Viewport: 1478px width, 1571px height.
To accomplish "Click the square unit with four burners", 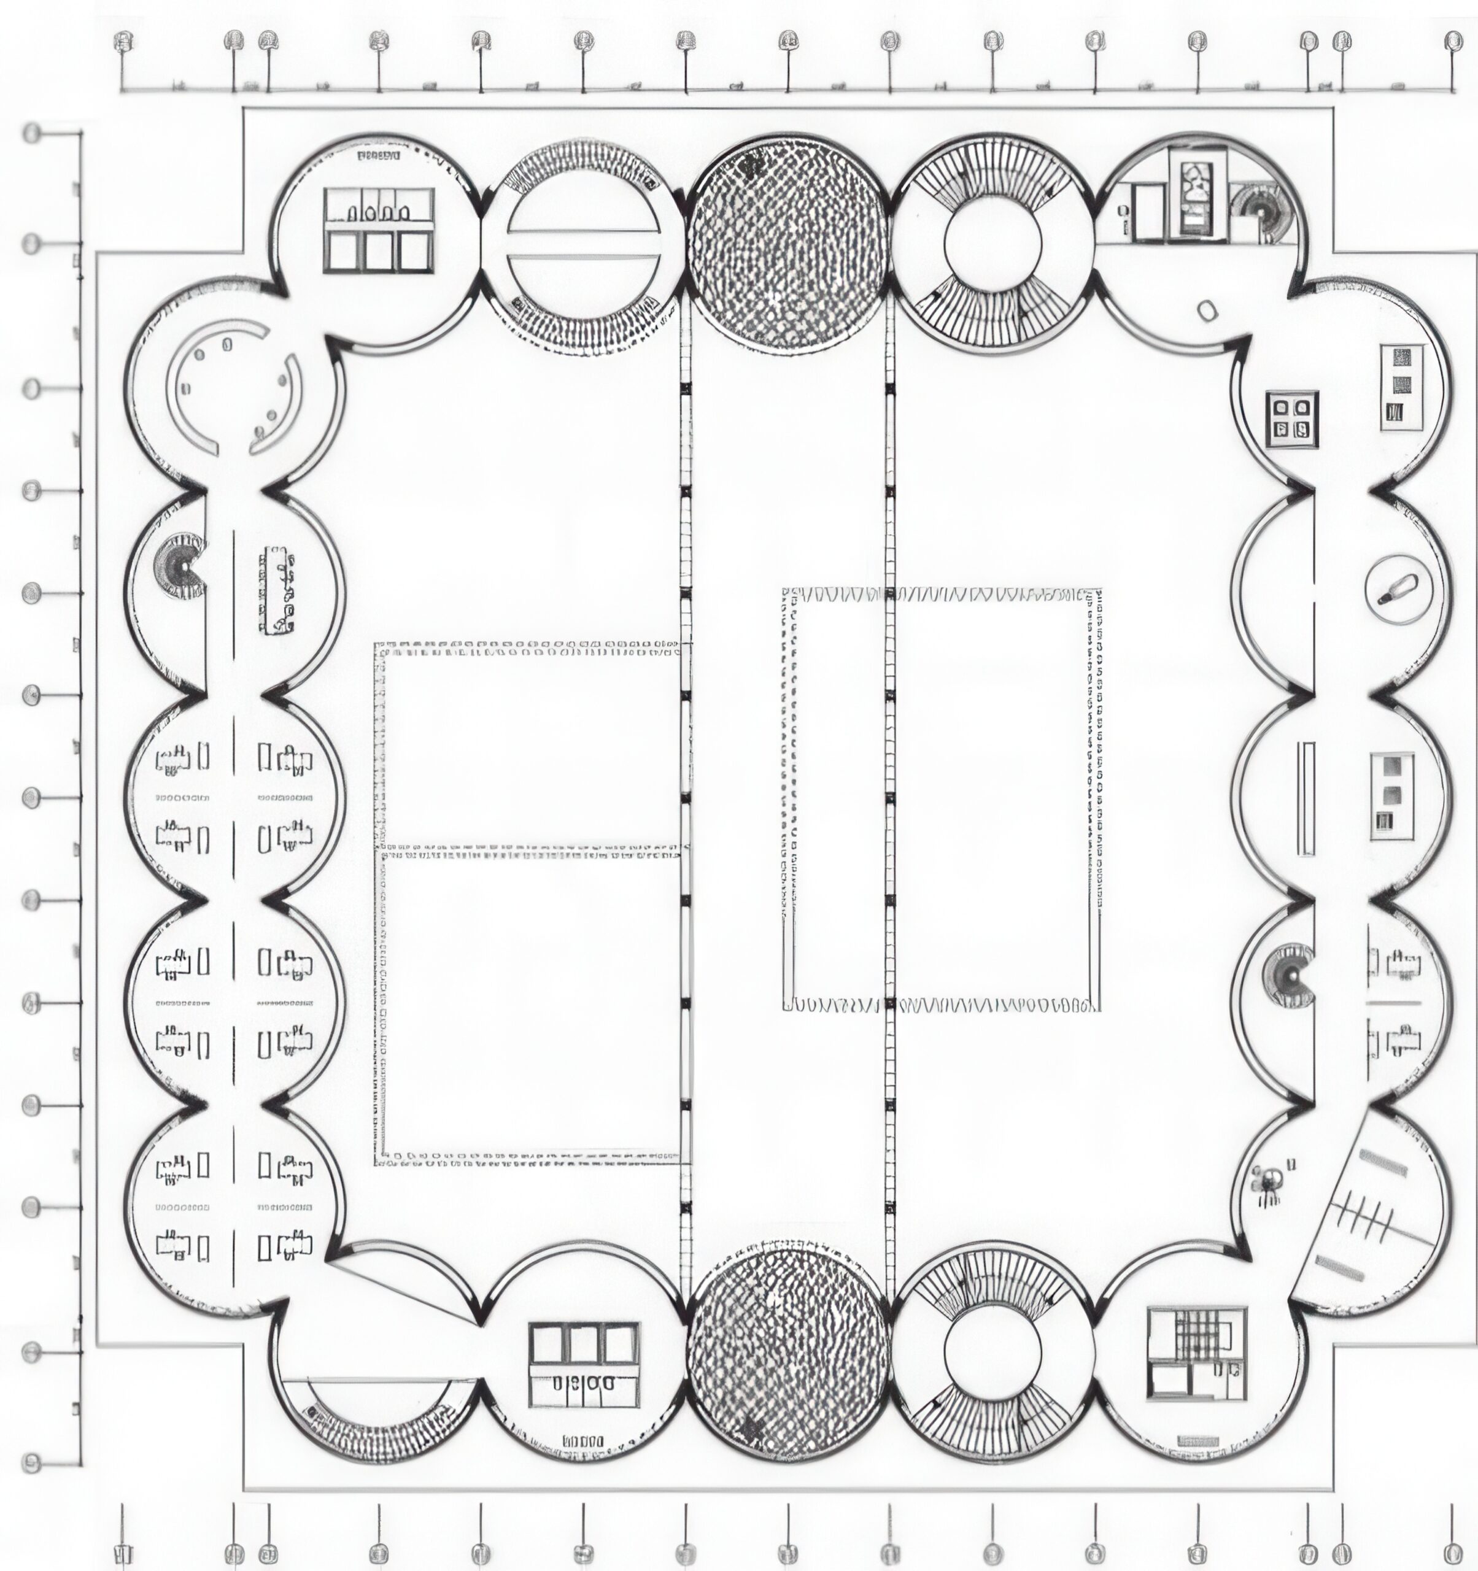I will coord(1291,420).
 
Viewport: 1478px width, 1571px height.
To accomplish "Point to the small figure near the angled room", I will coord(1267,1182).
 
